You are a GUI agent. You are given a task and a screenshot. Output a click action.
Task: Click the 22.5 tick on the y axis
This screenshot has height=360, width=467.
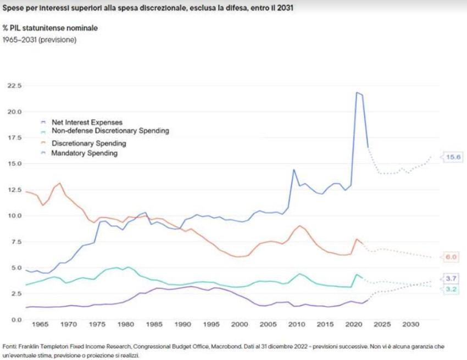(15, 86)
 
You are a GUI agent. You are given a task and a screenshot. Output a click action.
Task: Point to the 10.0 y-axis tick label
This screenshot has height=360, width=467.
(15, 216)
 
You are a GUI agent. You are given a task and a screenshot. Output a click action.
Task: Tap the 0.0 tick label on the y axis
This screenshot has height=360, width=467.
(16, 320)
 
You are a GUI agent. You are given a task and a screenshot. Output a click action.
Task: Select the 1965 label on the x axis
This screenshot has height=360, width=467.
(40, 324)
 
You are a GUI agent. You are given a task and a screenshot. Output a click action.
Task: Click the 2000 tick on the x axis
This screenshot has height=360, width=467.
(240, 324)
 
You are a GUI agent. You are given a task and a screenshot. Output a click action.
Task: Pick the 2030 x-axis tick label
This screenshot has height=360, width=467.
(411, 324)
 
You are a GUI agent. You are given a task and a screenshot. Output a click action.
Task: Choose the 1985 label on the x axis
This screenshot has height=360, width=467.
(154, 324)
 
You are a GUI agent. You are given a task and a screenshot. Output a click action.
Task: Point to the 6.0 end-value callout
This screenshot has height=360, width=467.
(451, 257)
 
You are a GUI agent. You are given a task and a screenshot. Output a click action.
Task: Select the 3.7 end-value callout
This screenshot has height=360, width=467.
(451, 279)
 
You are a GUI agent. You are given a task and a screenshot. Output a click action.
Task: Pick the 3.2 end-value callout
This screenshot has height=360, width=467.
(451, 289)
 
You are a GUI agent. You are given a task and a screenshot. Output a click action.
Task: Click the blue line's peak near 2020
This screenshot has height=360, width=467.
(357, 92)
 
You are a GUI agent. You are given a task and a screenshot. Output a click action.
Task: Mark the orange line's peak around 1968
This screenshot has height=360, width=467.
(60, 183)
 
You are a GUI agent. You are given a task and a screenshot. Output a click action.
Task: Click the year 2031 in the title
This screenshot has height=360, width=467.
(285, 8)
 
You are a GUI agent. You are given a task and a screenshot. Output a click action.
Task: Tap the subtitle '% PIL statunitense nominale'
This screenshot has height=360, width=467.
(50, 28)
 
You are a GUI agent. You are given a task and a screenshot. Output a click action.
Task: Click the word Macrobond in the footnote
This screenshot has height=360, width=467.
(227, 347)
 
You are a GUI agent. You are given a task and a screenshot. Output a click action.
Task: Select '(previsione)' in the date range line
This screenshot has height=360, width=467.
(58, 40)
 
